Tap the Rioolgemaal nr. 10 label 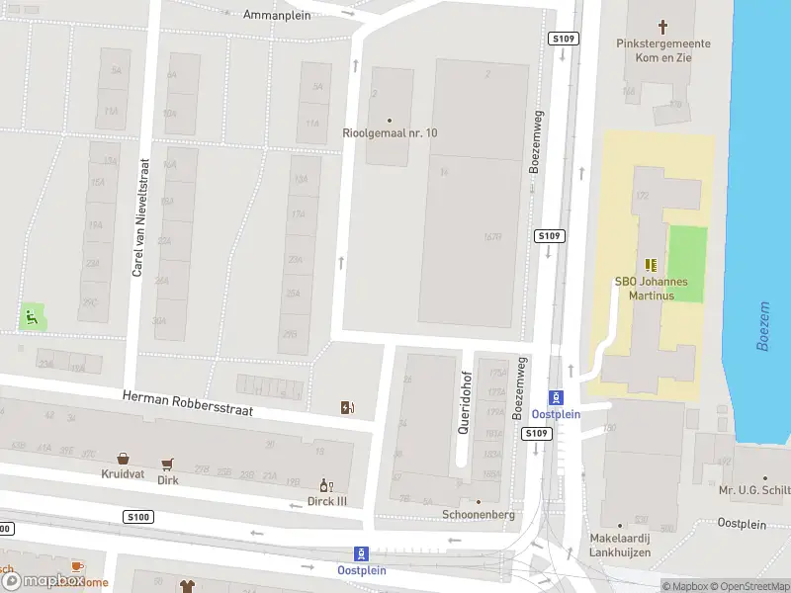pos(389,133)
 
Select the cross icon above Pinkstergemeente pos(662,27)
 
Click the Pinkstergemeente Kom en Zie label pos(661,51)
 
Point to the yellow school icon pos(650,264)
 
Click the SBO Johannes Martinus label pos(650,289)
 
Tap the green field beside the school pos(688,251)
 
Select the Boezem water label pos(762,325)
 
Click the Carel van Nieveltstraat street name pos(139,216)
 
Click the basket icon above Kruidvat pos(123,459)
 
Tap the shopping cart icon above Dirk pos(168,464)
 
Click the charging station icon pos(347,407)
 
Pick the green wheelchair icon pos(32,317)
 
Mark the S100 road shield pos(139,517)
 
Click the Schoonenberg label pos(479,515)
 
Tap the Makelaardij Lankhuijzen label pos(620,545)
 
